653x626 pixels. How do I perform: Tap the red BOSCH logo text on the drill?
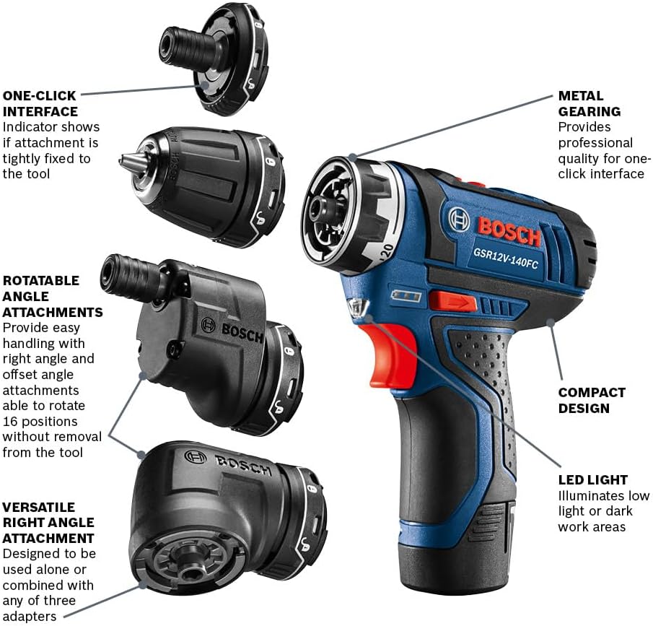(509, 230)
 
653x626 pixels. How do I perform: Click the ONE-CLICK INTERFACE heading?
(40, 103)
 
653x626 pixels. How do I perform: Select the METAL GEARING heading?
(589, 103)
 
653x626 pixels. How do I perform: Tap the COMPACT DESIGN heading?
(592, 400)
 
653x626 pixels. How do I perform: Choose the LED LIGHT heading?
(592, 479)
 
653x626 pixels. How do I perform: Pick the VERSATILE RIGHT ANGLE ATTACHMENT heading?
(48, 523)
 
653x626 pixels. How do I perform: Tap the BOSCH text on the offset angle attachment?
(242, 330)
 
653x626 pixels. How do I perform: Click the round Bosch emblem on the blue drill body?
(459, 219)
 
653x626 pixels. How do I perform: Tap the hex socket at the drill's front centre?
(318, 213)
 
